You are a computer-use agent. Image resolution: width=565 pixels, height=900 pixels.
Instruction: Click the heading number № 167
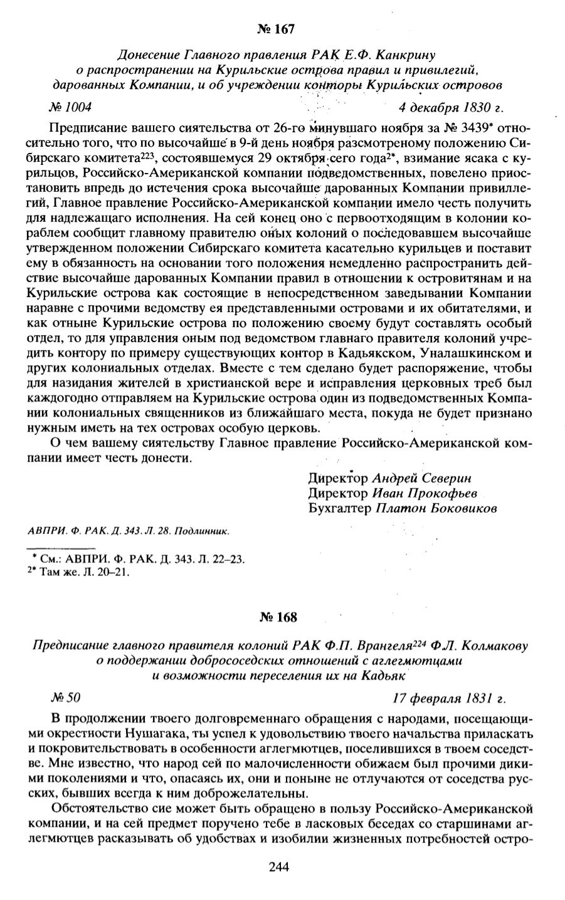[x=275, y=29]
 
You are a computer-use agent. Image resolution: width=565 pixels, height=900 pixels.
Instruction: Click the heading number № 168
[x=277, y=617]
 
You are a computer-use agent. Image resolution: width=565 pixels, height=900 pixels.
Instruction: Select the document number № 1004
[x=70, y=106]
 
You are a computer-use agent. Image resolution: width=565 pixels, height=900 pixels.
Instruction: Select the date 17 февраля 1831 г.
[x=449, y=697]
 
